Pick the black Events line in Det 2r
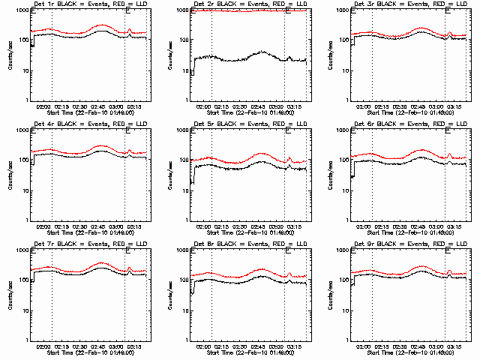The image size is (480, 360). click(x=240, y=58)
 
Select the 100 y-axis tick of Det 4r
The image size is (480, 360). click(x=23, y=160)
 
